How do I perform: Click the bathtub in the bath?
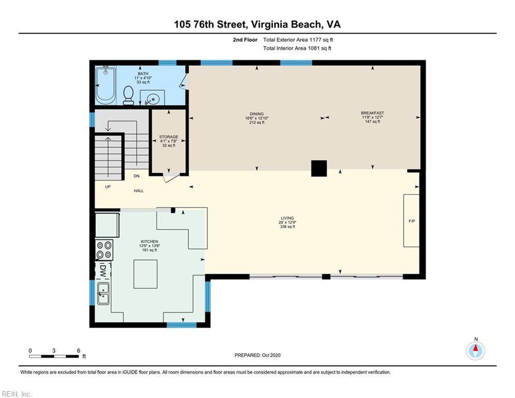[x=106, y=85]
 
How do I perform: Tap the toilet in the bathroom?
[x=128, y=95]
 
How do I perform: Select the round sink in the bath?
[x=152, y=98]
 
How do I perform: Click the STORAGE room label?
[x=169, y=137]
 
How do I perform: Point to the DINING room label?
[x=257, y=114]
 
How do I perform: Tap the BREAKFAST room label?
[x=373, y=113]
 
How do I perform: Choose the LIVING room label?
[x=287, y=218]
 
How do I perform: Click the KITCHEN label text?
[x=150, y=241]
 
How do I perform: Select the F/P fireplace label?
[x=412, y=221]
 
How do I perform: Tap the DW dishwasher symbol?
[x=103, y=271]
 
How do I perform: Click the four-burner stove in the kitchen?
[x=104, y=250]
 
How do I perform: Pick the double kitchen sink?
[x=104, y=293]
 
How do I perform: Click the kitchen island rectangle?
[x=145, y=274]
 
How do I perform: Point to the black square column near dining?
[x=319, y=168]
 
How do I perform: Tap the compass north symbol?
[x=476, y=351]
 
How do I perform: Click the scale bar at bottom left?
[x=54, y=356]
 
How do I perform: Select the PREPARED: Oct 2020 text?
[x=258, y=355]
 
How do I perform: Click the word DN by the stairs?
[x=137, y=176]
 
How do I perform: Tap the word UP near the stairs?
[x=108, y=187]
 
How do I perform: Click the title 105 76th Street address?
[x=258, y=24]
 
